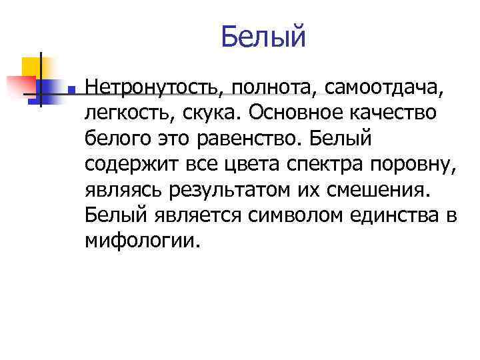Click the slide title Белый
click(x=263, y=37)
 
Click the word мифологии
click(x=141, y=241)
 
